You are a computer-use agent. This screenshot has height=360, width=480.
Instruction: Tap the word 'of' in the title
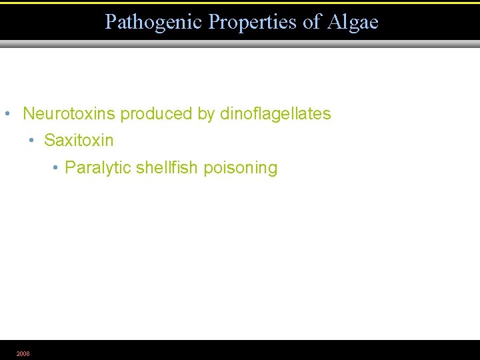pos(312,22)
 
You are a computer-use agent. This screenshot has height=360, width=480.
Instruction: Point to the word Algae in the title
pos(353,23)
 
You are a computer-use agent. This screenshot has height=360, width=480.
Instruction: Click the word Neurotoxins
pos(69,113)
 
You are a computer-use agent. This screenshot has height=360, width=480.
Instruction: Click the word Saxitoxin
pos(79,141)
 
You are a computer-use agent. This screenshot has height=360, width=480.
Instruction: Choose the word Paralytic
pos(98,168)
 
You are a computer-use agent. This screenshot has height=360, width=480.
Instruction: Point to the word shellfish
pos(167,167)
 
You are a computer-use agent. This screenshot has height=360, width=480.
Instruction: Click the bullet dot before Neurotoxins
pos(7,113)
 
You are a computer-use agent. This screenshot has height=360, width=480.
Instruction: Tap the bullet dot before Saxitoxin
pos(31,141)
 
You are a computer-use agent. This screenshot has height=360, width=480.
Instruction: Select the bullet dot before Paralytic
pos(55,167)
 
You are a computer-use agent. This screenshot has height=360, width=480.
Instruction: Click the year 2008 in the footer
pos(23,354)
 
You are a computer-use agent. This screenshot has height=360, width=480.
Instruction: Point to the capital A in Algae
pos(334,22)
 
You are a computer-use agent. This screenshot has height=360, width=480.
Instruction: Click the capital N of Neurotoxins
pos(29,113)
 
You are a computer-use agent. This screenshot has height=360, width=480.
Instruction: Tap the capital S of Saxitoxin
pos(49,141)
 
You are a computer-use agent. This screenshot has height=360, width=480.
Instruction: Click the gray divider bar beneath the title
pos(240,44)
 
